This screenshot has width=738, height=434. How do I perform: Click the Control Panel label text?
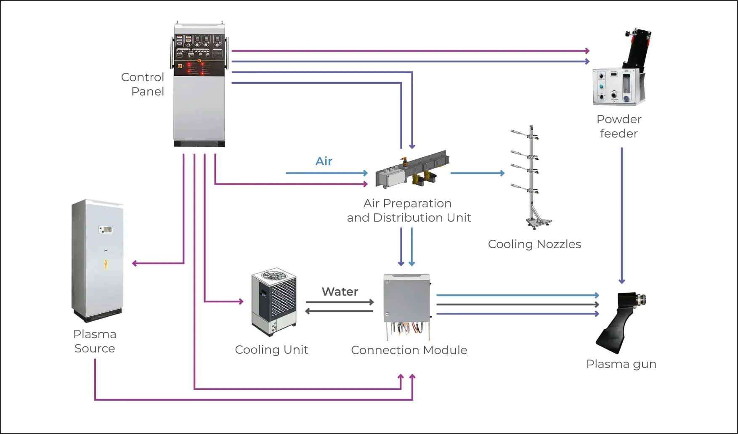(x=143, y=84)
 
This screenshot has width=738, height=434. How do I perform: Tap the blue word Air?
(x=324, y=161)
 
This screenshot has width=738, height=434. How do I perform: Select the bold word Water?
(x=340, y=291)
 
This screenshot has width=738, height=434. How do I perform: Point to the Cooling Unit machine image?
(x=274, y=302)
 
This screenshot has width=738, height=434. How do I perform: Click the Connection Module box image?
(x=406, y=298)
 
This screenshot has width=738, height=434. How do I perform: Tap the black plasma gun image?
(x=619, y=322)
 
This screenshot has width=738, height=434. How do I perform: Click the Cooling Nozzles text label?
(x=534, y=244)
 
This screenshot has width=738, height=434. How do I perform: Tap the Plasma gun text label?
(x=621, y=364)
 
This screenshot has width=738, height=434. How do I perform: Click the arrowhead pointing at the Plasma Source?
(x=135, y=264)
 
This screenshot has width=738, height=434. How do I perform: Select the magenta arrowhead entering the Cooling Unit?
(x=241, y=302)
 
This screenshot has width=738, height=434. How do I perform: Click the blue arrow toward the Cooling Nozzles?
(x=478, y=173)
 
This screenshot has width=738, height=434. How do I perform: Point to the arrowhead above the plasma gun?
(x=622, y=281)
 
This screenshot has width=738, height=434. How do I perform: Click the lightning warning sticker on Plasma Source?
(x=106, y=264)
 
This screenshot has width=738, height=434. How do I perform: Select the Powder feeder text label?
(x=619, y=126)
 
